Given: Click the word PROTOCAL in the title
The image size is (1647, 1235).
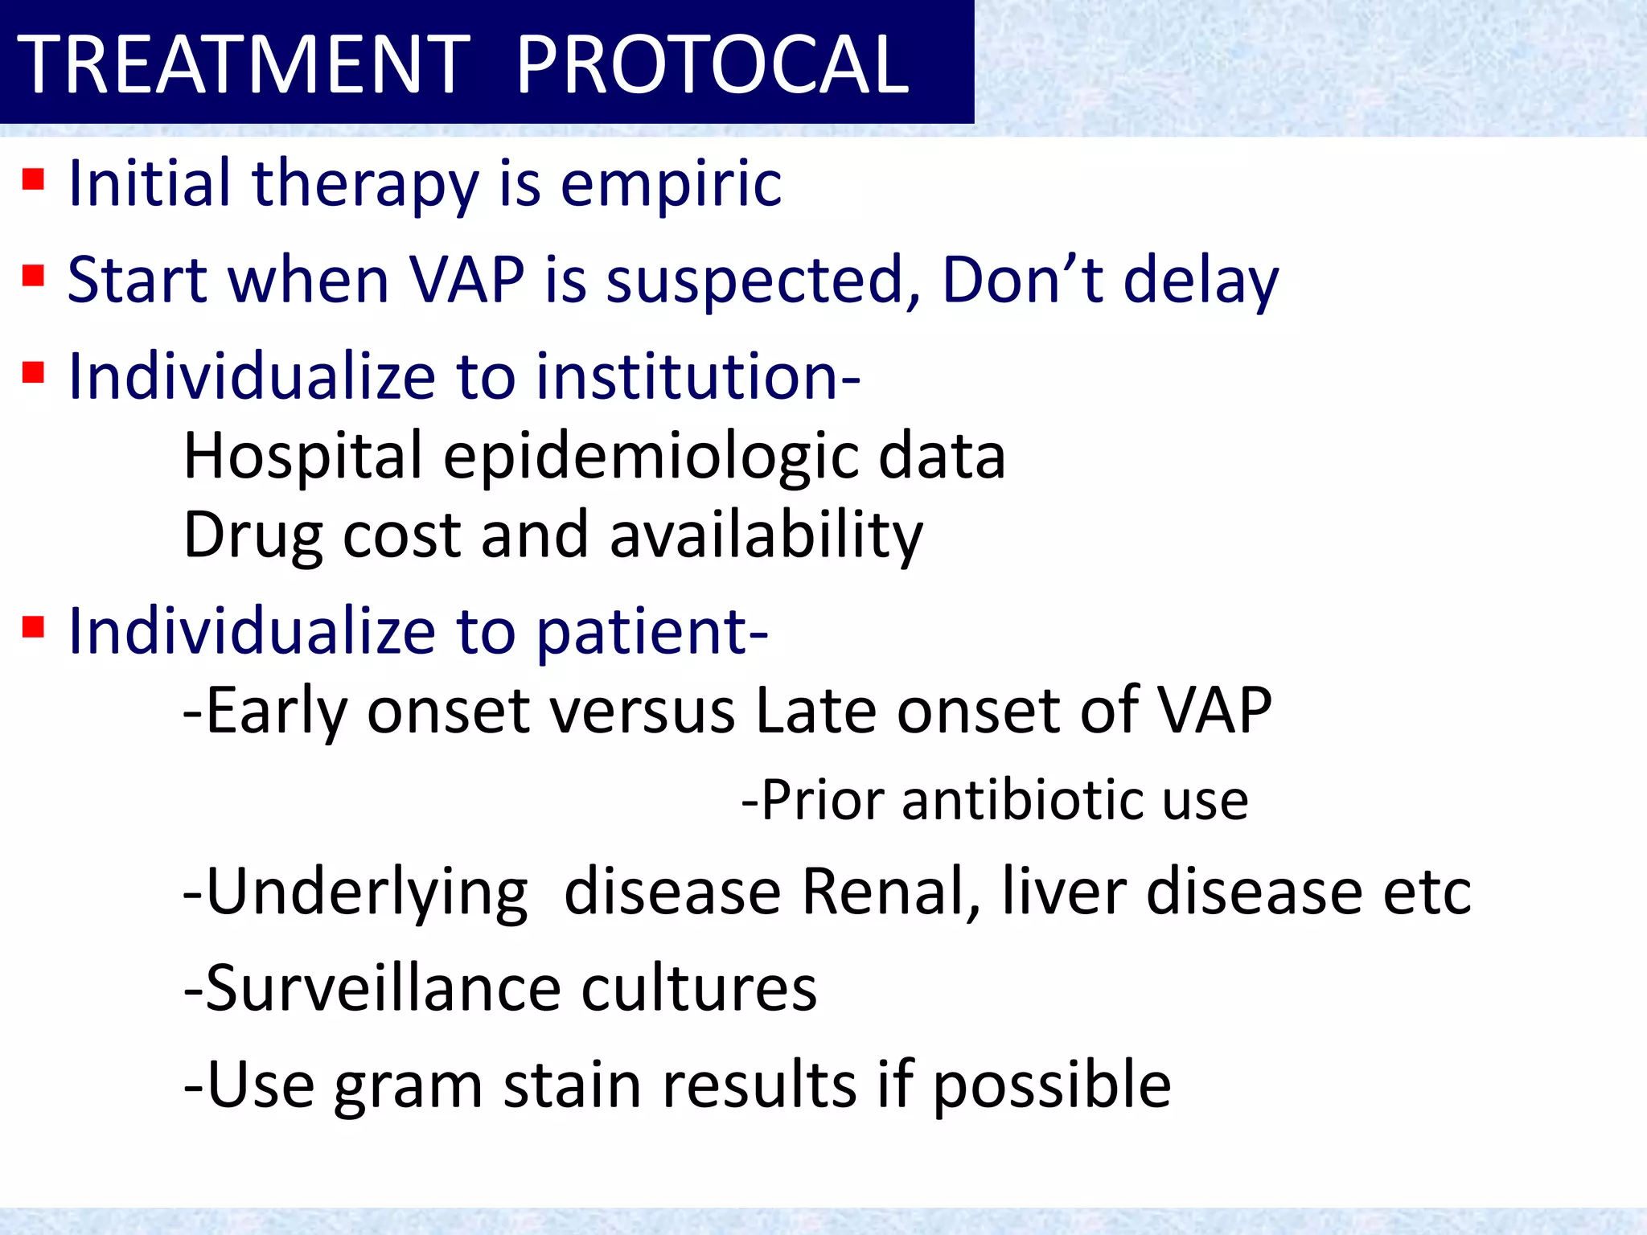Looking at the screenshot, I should pos(712,64).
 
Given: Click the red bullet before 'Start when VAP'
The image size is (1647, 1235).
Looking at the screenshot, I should pos(33,276).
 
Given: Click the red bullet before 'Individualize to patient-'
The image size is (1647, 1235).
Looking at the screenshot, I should pos(33,626).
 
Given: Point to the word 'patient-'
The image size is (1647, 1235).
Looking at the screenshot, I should pos(651,632).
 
